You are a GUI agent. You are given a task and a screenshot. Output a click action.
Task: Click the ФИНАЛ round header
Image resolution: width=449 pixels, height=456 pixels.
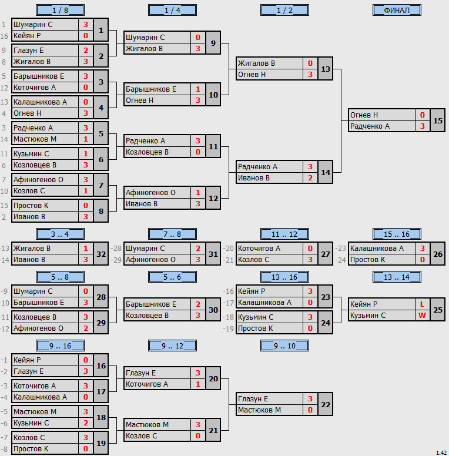coord(397,10)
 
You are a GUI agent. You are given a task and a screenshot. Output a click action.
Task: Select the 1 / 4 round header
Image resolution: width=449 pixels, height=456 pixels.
coord(172,10)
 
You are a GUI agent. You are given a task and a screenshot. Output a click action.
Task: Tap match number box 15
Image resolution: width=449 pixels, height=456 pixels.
coord(438,120)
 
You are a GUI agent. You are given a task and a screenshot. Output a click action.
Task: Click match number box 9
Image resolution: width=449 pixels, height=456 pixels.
coord(213,43)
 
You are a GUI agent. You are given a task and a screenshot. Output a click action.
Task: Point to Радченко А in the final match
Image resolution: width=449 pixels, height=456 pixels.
coord(370,126)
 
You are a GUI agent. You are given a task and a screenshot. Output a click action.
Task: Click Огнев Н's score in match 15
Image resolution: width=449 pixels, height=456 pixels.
coord(423,115)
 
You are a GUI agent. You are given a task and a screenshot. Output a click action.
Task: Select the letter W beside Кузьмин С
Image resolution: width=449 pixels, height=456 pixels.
coord(422,315)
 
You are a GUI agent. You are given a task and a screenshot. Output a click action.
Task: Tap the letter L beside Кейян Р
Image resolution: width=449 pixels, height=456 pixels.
coord(422,304)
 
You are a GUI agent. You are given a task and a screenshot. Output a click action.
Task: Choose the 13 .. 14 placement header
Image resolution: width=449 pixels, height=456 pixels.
coord(397,277)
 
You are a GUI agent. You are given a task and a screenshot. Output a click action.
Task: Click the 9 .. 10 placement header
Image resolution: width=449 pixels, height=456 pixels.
coord(284,346)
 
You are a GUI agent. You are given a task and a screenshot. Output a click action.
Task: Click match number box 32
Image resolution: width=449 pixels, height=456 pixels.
coord(101,254)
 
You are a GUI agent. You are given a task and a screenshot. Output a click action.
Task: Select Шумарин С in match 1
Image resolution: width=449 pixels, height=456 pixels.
coord(33,25)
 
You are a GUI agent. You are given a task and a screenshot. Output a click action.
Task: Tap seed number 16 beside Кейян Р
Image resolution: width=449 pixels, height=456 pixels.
coord(4,36)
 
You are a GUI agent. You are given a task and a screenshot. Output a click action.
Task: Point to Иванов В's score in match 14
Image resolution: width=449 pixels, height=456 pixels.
coord(310,178)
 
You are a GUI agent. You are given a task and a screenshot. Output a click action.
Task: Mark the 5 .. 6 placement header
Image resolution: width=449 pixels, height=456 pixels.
coord(172,277)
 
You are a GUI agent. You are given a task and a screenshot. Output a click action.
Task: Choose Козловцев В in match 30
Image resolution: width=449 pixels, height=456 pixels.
coord(147,315)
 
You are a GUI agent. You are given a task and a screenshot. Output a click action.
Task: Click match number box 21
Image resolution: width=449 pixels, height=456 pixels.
coord(213,430)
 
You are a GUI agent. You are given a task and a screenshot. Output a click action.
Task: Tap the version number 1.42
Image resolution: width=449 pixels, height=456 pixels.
coord(441,453)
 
